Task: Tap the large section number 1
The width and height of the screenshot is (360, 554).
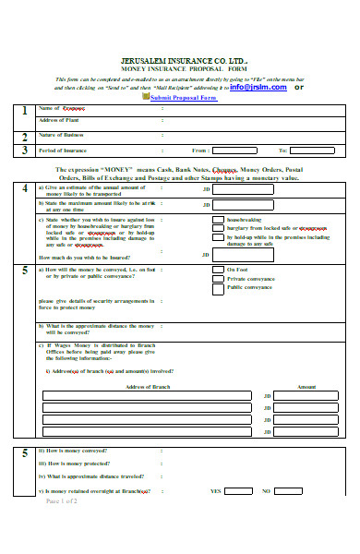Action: (x=23, y=112)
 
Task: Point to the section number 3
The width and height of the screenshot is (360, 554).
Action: (x=23, y=150)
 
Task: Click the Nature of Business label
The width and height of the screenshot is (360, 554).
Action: (x=61, y=135)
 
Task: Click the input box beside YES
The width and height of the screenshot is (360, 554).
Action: (x=238, y=491)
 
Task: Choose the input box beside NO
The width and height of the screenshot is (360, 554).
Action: (x=287, y=491)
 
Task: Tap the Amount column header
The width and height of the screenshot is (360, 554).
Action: (x=306, y=386)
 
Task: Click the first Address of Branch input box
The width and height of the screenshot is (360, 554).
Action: (x=144, y=396)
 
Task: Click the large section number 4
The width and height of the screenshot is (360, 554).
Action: (x=23, y=188)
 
